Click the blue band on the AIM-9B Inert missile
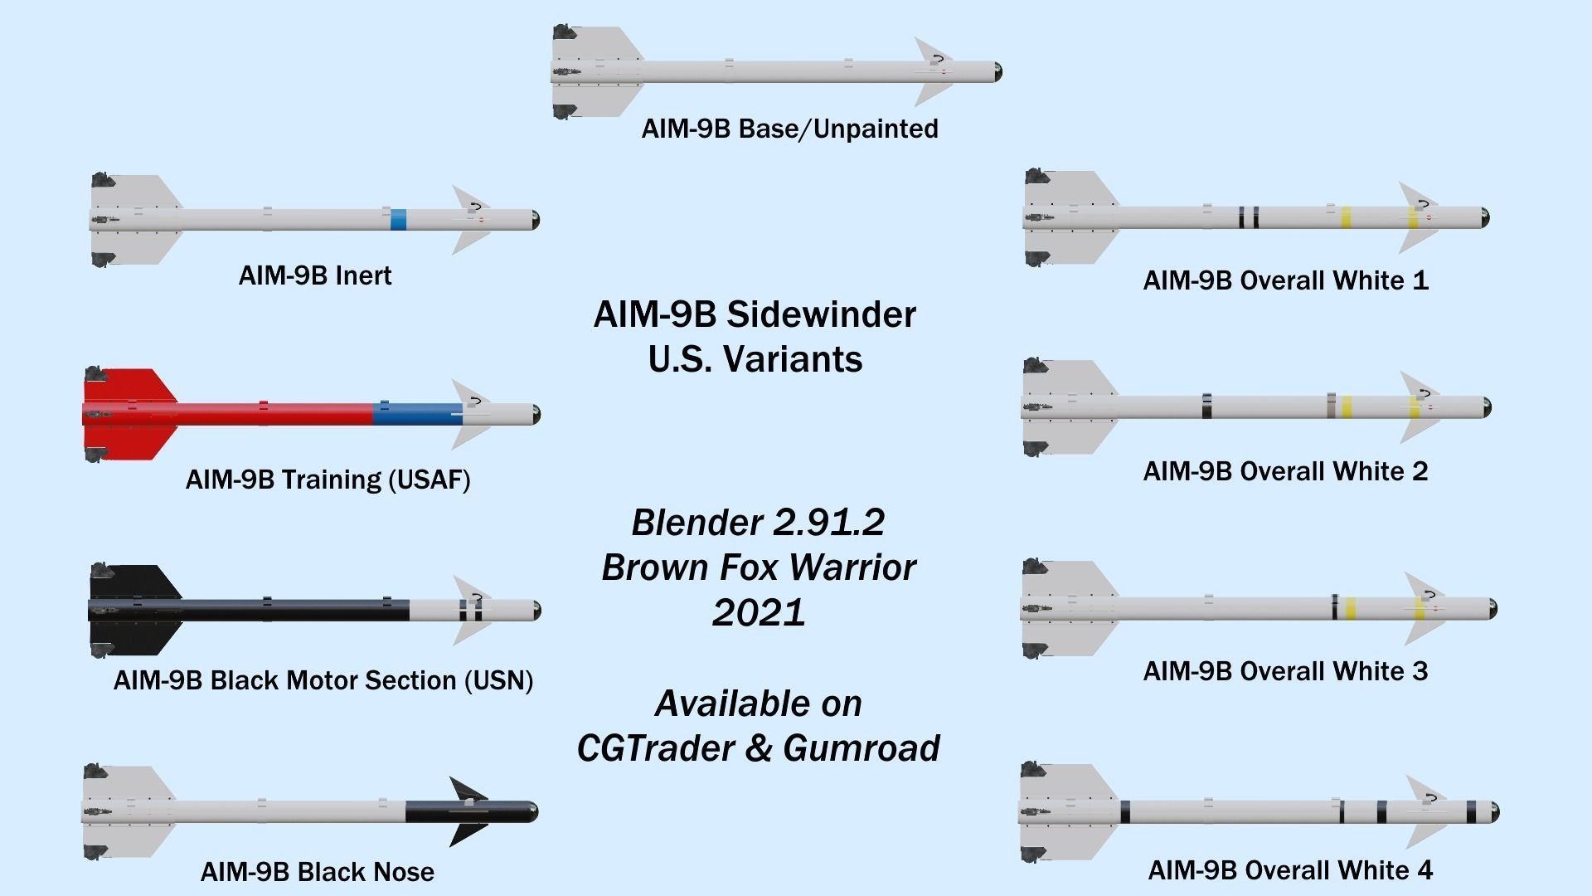(x=398, y=220)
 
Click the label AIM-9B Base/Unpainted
(x=789, y=129)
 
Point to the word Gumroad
(x=861, y=748)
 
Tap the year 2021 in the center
(x=758, y=613)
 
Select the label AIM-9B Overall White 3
(x=1285, y=671)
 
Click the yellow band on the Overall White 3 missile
(x=1350, y=609)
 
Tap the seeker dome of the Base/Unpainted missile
(x=997, y=72)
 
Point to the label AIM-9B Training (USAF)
(x=328, y=480)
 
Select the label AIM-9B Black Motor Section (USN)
(x=323, y=681)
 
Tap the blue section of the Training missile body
(x=417, y=413)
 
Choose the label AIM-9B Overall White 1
(x=1285, y=280)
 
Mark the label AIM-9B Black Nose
(x=318, y=872)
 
